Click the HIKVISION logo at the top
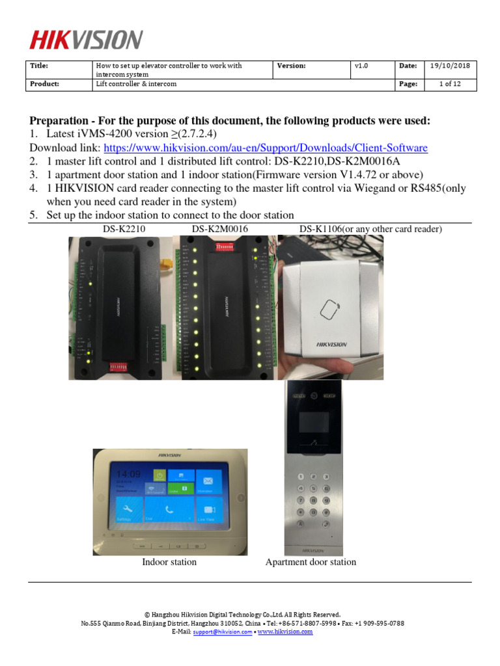tap(85, 40)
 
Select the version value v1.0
tap(362, 66)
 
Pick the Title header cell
tap(40, 66)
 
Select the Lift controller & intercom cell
tap(136, 84)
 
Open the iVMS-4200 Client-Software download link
tap(266, 148)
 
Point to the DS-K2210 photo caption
tap(125, 229)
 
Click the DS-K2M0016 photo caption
tap(220, 229)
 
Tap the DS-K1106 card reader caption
tap(370, 229)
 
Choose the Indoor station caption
tap(169, 562)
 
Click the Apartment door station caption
tap(311, 562)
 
